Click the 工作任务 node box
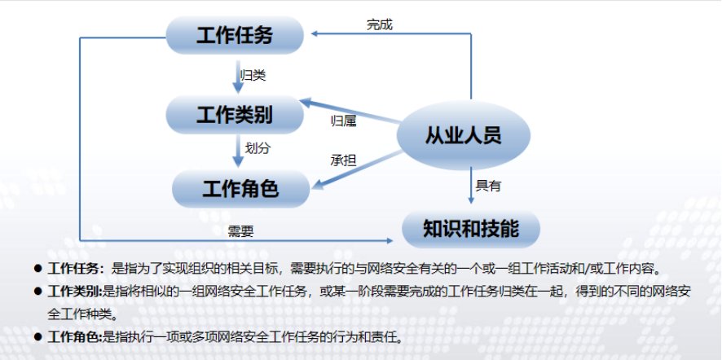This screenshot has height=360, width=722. pyautogui.click(x=235, y=34)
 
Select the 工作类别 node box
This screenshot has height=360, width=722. pyautogui.click(x=234, y=113)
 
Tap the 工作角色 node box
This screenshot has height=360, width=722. pyautogui.click(x=240, y=189)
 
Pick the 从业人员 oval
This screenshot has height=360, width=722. pyautogui.click(x=463, y=135)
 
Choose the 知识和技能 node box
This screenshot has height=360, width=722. pyautogui.click(x=471, y=229)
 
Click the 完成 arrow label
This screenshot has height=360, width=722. pyautogui.click(x=379, y=24)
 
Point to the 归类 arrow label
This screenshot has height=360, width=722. pyautogui.click(x=253, y=75)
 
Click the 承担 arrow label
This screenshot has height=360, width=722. pyautogui.click(x=343, y=160)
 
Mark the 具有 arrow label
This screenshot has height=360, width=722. pyautogui.click(x=488, y=186)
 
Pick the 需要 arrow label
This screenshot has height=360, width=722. pyautogui.click(x=241, y=231)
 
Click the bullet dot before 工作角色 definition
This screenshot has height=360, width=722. pyautogui.click(x=37, y=336)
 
